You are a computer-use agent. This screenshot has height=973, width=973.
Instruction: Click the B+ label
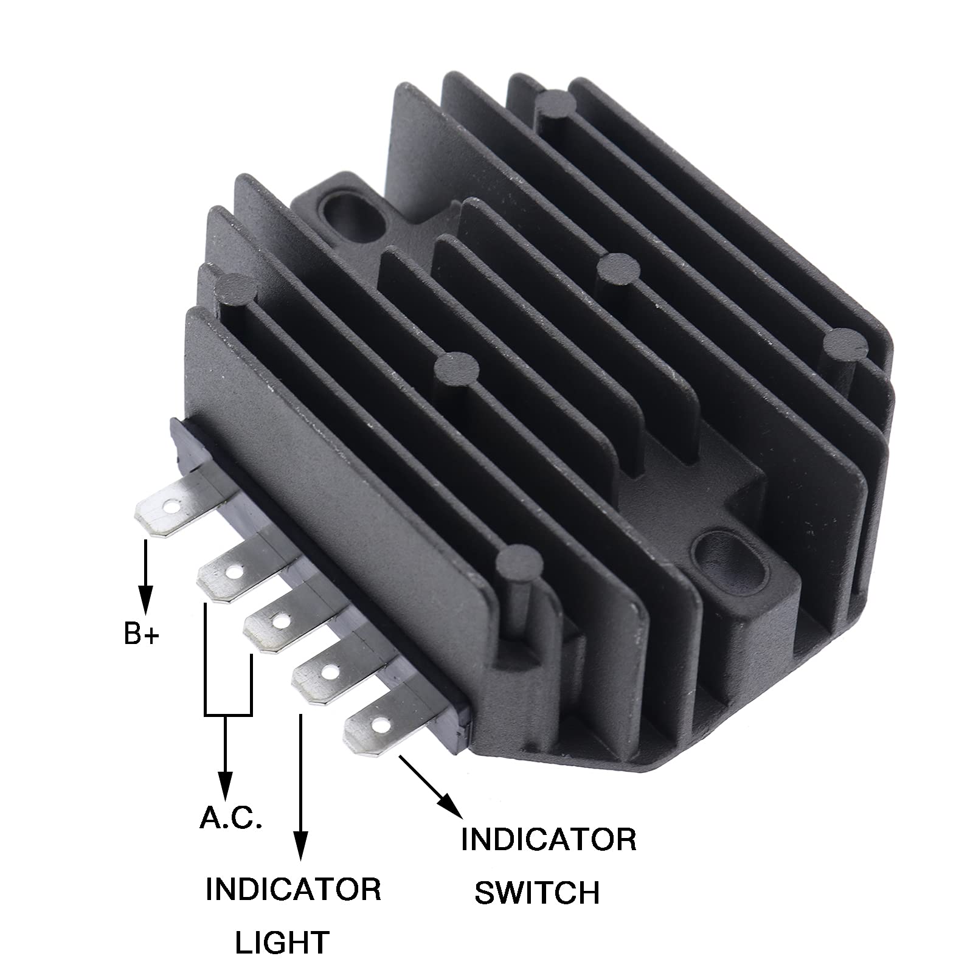(141, 634)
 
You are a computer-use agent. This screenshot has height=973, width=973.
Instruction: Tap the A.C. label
(231, 819)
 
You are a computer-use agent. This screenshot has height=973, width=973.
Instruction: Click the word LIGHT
(282, 942)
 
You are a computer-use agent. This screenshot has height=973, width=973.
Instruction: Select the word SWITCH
(537, 892)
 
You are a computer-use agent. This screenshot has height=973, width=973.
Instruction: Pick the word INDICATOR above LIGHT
(294, 889)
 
